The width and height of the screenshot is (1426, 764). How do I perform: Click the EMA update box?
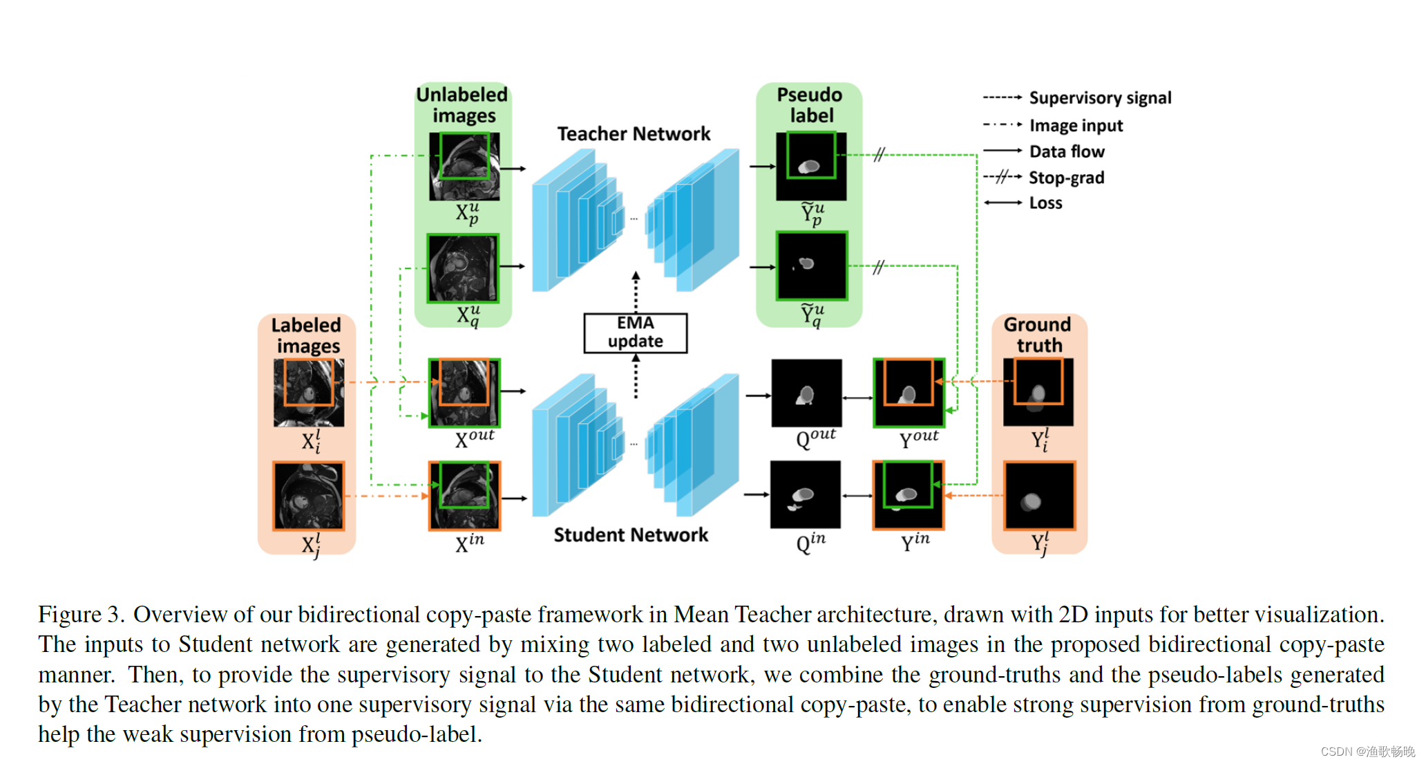pyautogui.click(x=635, y=333)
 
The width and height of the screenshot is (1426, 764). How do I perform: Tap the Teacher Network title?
pyautogui.click(x=634, y=133)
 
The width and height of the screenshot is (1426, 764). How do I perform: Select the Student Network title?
pyautogui.click(x=631, y=534)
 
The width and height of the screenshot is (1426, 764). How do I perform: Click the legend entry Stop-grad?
pyautogui.click(x=1066, y=178)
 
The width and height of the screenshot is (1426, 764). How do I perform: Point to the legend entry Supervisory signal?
pyautogui.click(x=1100, y=97)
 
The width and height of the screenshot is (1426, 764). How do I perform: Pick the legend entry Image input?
pyautogui.click(x=1076, y=125)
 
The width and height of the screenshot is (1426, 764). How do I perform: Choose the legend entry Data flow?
pyautogui.click(x=1067, y=151)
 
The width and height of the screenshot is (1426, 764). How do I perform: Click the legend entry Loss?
pyautogui.click(x=1045, y=203)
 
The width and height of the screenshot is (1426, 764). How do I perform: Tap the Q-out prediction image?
pyautogui.click(x=806, y=393)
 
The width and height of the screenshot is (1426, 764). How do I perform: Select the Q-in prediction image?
pyautogui.click(x=806, y=494)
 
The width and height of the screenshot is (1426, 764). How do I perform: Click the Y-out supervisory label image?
pyautogui.click(x=909, y=392)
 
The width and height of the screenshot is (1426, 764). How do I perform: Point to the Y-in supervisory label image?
pyautogui.click(x=908, y=495)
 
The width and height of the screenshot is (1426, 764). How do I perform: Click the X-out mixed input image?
pyautogui.click(x=464, y=392)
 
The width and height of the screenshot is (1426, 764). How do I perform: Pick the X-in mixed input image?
pyautogui.click(x=464, y=496)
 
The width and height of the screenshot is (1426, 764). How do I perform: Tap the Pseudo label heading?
pyautogui.click(x=810, y=104)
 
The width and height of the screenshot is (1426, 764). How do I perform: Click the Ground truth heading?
pyautogui.click(x=1038, y=335)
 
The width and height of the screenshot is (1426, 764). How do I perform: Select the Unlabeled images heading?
pyautogui.click(x=462, y=104)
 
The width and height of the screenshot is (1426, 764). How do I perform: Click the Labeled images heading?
pyautogui.click(x=306, y=335)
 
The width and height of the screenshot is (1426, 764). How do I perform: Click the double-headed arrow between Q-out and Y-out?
pyautogui.click(x=857, y=398)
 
